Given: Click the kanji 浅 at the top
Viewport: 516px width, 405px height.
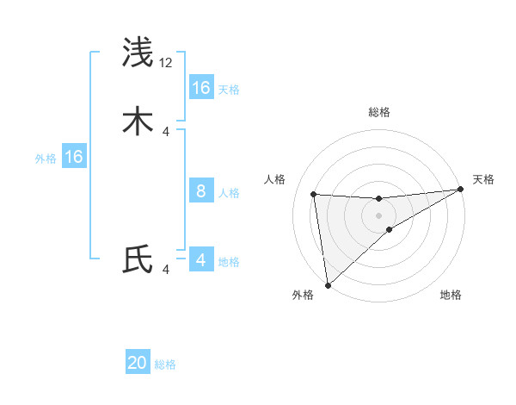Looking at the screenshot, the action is [138, 53].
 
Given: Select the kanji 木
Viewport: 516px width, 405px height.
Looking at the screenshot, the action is [138, 121].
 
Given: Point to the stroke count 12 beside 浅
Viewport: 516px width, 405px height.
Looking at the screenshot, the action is [166, 63].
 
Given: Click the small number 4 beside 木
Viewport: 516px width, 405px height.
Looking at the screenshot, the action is [166, 131].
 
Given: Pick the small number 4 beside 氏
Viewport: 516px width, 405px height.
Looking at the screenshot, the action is [166, 270].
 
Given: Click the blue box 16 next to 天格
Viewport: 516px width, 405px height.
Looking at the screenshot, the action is [201, 88].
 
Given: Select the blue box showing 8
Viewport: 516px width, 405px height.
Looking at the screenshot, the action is [201, 191].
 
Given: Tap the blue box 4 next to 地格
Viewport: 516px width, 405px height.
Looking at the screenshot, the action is [201, 260].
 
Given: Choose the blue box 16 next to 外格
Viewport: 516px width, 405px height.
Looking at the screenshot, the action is [74, 157].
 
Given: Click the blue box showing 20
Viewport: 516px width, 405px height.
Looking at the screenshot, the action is [138, 363].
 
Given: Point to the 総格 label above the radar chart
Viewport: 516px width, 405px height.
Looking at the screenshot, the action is [379, 112].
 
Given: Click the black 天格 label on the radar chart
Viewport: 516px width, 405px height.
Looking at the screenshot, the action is [483, 179].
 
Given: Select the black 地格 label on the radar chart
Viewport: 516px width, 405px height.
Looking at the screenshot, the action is [451, 295].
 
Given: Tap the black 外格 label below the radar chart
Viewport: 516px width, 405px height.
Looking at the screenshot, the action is [303, 295].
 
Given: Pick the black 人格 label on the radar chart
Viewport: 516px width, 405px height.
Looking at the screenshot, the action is [275, 179].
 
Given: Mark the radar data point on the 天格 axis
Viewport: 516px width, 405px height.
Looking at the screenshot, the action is [460, 190].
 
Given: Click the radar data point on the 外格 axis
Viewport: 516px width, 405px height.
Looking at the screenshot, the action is [327, 284].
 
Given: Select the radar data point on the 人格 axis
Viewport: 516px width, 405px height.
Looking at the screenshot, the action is [314, 194].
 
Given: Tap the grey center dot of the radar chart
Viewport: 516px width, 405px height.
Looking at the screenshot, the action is [379, 215].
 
